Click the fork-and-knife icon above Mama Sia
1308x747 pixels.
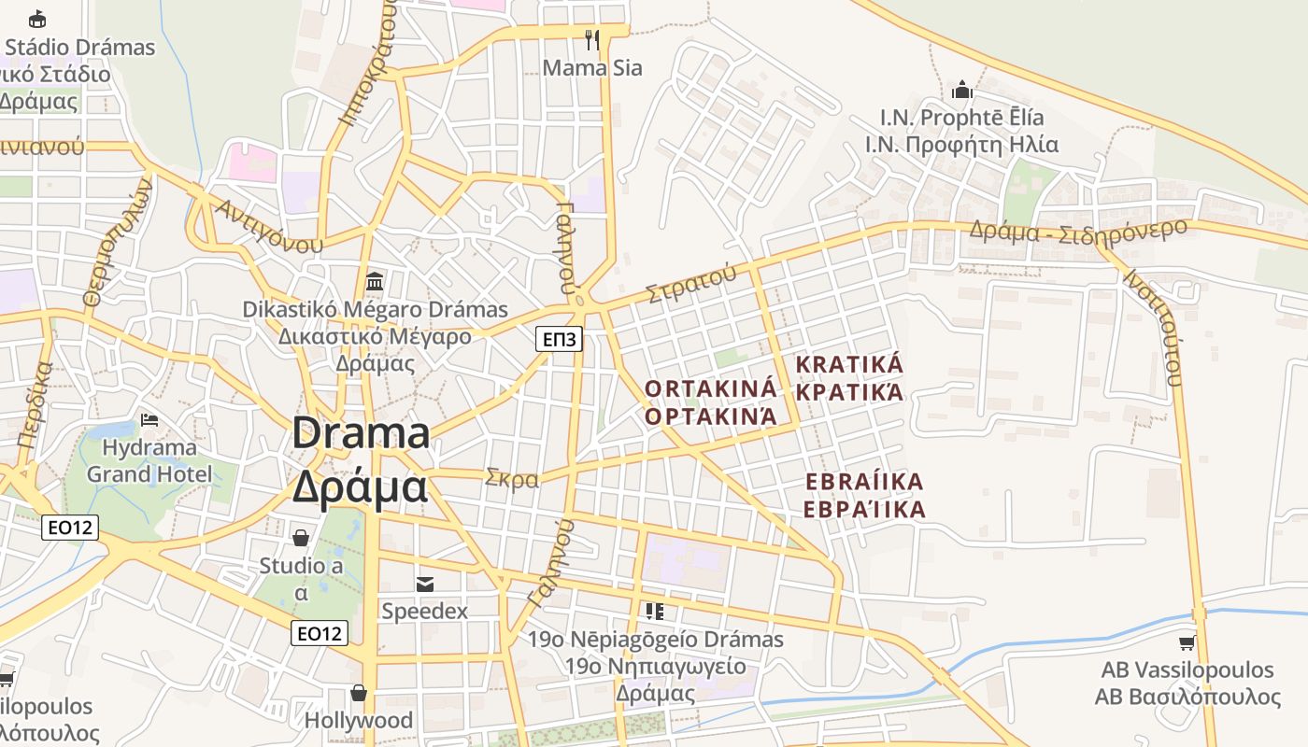[x=591, y=39]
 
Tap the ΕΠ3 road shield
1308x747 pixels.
[x=560, y=338]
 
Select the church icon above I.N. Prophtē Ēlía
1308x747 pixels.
[x=961, y=91]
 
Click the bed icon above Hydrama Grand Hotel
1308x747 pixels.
[x=149, y=420]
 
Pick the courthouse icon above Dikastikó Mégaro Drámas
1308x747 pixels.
[x=375, y=281]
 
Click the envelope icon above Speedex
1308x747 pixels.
[x=424, y=584]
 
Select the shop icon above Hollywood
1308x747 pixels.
[x=358, y=692]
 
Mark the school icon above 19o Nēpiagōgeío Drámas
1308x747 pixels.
[x=655, y=612]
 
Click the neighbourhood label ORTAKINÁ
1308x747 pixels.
[x=711, y=388]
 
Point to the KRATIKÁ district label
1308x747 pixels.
[x=849, y=364]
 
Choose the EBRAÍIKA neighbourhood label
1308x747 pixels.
[x=864, y=482]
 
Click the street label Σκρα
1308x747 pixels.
[x=512, y=480]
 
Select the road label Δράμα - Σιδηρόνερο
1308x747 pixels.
[x=1078, y=230]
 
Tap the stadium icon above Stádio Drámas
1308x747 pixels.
[x=37, y=19]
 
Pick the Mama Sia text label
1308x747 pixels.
[x=592, y=68]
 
